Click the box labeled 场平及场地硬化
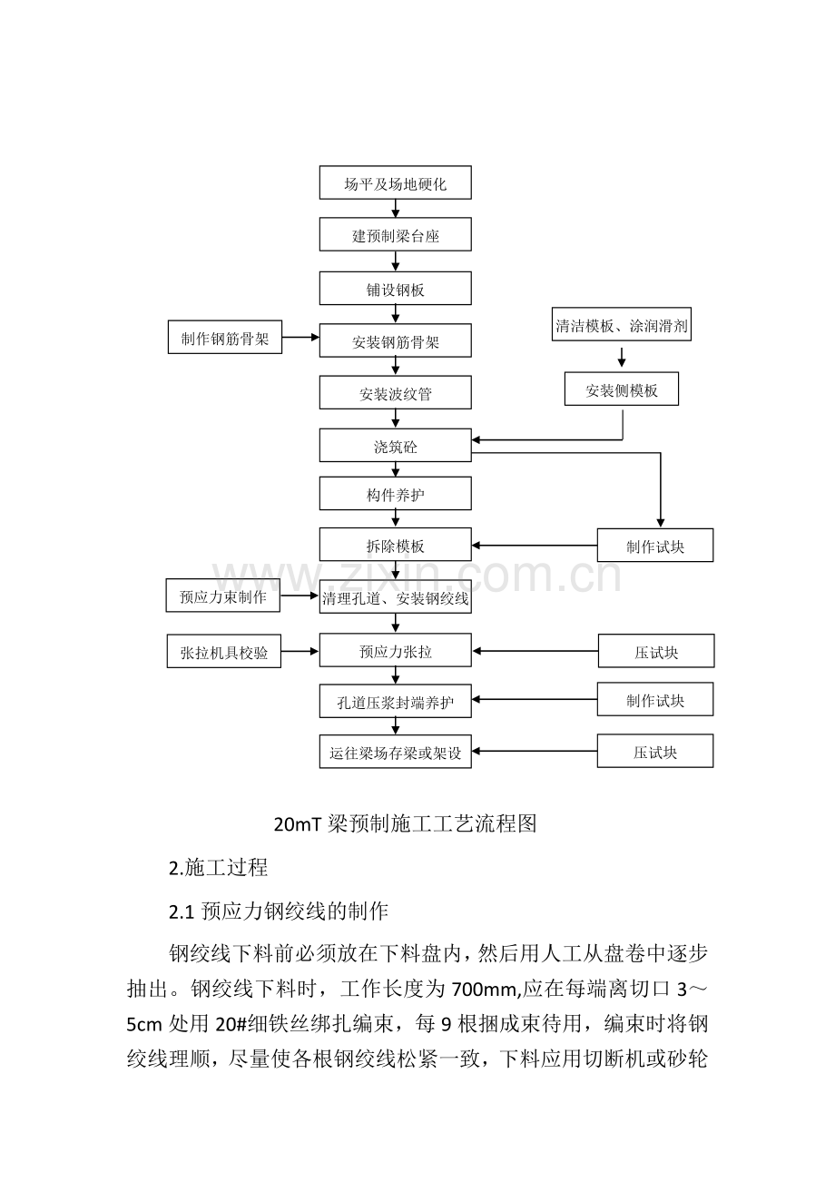[395, 182]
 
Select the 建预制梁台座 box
[395, 234]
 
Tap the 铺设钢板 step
[395, 288]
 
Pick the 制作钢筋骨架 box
[225, 337]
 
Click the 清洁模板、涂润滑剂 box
[622, 324]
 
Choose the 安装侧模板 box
[622, 389]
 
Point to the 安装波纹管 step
[395, 392]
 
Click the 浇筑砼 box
[395, 446]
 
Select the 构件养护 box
[395, 493]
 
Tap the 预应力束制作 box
[222, 596]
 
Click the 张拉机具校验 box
[223, 651]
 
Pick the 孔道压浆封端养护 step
[395, 701]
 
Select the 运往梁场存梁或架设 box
[395, 752]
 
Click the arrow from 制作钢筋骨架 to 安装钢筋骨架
[300, 337]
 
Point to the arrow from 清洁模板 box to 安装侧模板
[622, 358]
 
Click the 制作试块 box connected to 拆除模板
[655, 545]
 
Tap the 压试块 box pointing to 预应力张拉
[656, 651]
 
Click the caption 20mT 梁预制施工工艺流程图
[405, 823]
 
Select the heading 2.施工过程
[218, 867]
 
